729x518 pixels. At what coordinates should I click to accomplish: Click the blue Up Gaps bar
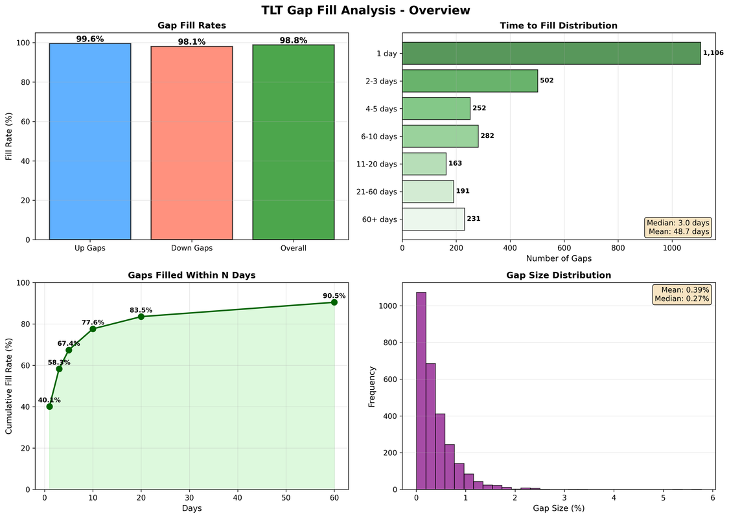[90, 141]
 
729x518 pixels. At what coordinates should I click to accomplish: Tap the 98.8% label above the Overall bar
[294, 40]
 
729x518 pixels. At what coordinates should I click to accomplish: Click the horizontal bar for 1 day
[551, 53]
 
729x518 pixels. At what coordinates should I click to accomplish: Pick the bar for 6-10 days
[440, 136]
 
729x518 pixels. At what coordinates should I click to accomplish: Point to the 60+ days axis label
[380, 220]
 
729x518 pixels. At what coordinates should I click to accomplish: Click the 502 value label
[548, 81]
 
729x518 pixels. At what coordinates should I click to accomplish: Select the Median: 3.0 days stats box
[678, 227]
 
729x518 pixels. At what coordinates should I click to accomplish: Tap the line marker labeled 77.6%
[93, 329]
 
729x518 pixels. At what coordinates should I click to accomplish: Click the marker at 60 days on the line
[334, 302]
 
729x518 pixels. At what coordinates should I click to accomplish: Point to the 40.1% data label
[49, 400]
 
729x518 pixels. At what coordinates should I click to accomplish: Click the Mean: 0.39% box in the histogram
[683, 295]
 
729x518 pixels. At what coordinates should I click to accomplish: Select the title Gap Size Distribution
[558, 275]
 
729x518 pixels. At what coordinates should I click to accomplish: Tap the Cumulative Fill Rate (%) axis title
[9, 386]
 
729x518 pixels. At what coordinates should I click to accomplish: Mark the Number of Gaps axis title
[558, 258]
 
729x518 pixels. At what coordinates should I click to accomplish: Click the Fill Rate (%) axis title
[9, 136]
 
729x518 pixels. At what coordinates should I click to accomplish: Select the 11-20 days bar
[424, 164]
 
